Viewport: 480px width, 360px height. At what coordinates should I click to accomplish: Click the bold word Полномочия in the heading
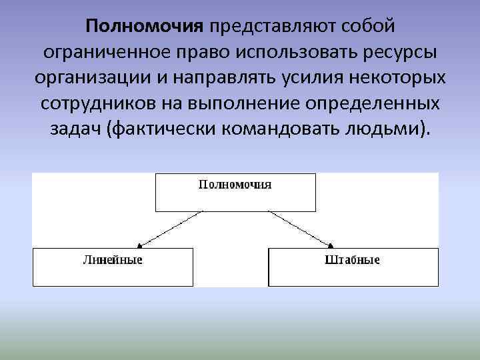click(143, 27)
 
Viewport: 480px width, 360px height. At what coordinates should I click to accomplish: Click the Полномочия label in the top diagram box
click(235, 185)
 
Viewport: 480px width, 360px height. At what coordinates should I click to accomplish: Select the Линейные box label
click(113, 259)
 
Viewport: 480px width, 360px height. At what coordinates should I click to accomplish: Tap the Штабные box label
click(353, 259)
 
